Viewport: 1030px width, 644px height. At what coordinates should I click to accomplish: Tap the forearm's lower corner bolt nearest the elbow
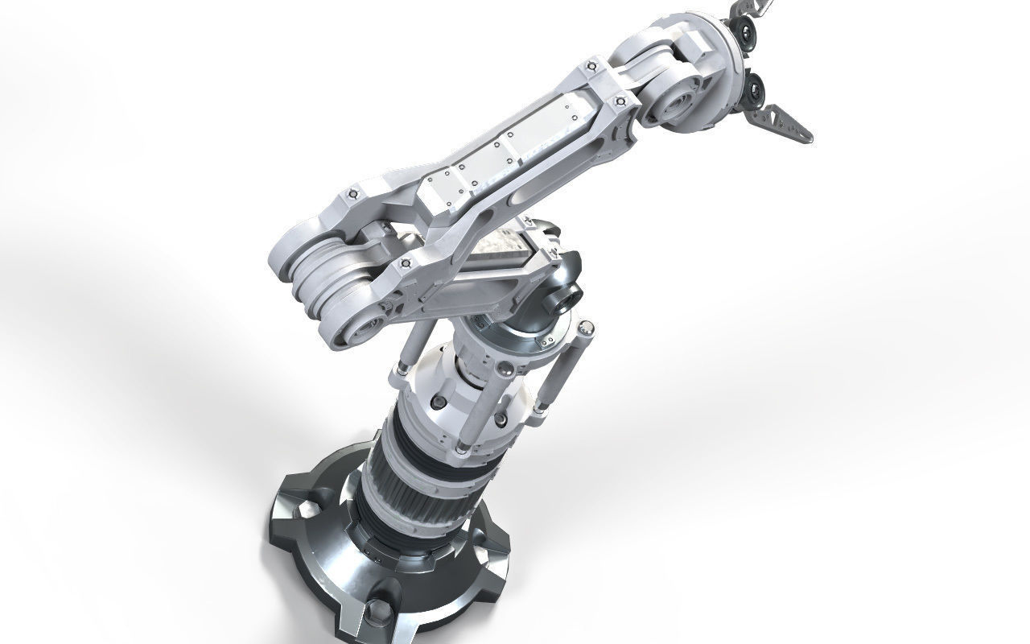(x=402, y=263)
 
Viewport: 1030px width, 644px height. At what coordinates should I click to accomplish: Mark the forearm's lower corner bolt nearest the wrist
(x=620, y=101)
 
